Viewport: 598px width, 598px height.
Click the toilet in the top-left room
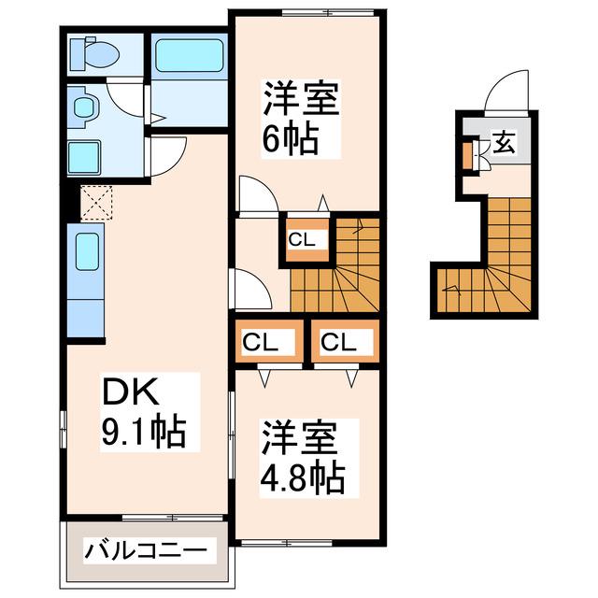click(94, 54)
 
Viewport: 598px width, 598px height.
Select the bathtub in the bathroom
click(190, 56)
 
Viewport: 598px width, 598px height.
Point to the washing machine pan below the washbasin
click(84, 157)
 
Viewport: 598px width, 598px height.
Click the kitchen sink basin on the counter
click(87, 251)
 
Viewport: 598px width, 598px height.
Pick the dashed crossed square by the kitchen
click(97, 203)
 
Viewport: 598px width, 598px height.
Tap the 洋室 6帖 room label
click(301, 118)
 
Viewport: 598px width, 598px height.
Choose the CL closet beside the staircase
click(307, 239)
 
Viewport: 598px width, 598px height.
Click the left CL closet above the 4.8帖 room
click(269, 340)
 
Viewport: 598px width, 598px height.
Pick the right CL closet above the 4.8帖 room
click(346, 340)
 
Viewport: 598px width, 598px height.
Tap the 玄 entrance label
click(505, 143)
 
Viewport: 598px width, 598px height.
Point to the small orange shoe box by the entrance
click(467, 155)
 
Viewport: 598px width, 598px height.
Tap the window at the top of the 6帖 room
click(328, 12)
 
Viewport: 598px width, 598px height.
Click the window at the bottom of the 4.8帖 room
click(287, 543)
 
